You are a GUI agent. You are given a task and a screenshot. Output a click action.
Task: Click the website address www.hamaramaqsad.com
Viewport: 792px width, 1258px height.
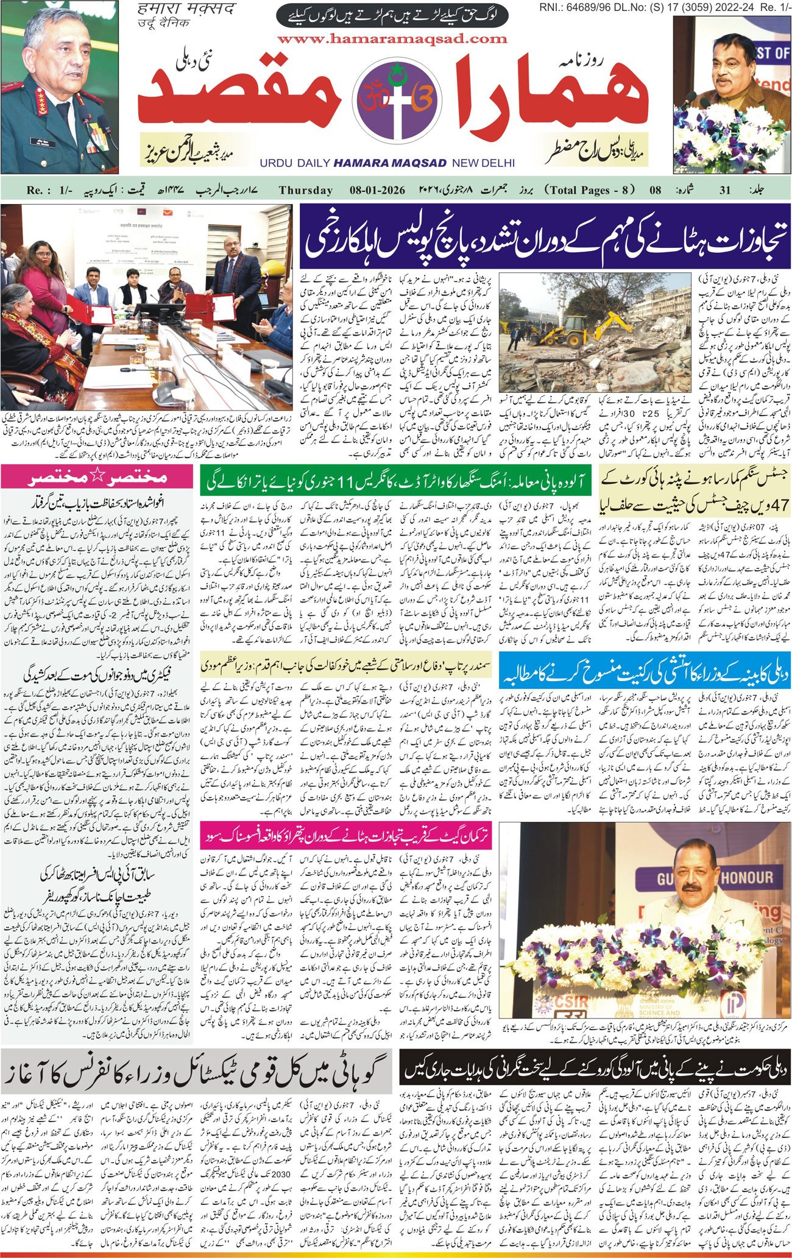click(392, 38)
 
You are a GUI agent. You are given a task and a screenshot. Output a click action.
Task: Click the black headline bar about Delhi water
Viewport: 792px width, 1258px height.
click(595, 1066)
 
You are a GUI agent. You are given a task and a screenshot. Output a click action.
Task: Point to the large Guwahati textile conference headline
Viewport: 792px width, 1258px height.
click(196, 1071)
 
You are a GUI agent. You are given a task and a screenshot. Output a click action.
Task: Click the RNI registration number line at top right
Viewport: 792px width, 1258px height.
click(665, 7)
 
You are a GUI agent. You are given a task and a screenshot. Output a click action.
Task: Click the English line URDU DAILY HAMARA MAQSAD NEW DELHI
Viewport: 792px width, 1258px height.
click(387, 163)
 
